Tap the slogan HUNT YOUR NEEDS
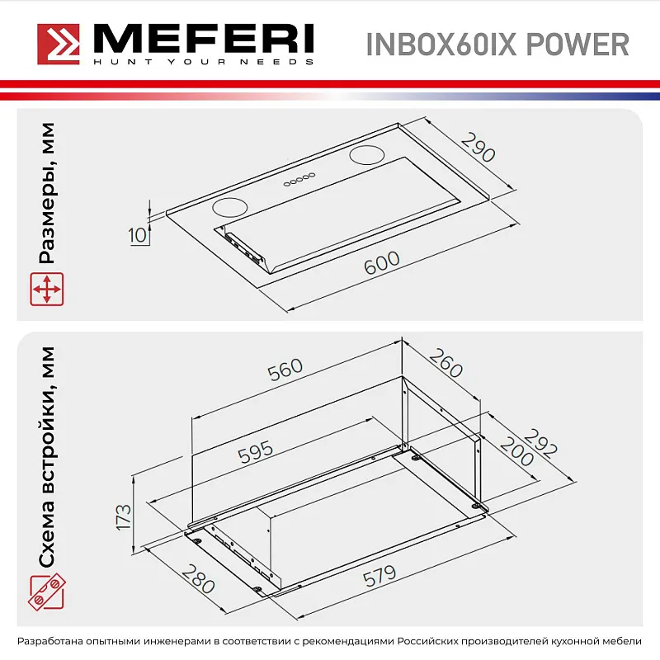tap(201, 62)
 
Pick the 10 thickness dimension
tap(138, 235)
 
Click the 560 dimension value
tap(285, 372)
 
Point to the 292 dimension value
tap(542, 443)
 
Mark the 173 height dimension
tap(123, 516)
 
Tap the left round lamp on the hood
tap(230, 207)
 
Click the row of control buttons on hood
tap(300, 179)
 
